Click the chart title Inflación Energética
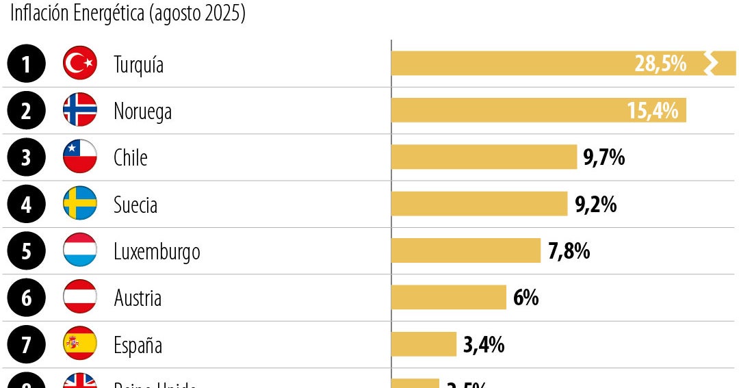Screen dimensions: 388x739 click(127, 14)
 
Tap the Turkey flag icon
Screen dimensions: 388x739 click(80, 64)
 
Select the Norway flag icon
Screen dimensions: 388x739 click(80, 111)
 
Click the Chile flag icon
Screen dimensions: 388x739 click(80, 157)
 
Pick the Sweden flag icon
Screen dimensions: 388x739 click(80, 204)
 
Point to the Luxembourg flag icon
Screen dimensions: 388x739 click(80, 250)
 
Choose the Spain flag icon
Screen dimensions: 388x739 click(80, 344)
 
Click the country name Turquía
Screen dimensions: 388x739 click(138, 65)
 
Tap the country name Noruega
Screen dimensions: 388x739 click(142, 112)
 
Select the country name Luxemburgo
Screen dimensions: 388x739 click(157, 251)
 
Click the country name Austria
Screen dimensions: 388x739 click(138, 298)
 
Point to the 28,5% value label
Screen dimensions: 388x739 click(660, 64)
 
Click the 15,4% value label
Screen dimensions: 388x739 click(652, 111)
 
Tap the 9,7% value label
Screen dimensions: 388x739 click(604, 158)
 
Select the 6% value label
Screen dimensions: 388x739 click(526, 298)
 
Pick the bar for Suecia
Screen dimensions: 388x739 click(479, 204)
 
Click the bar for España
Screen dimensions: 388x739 click(424, 344)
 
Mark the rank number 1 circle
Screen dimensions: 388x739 click(26, 64)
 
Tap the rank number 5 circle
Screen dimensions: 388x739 click(26, 250)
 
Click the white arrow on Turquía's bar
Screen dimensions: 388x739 click(712, 64)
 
